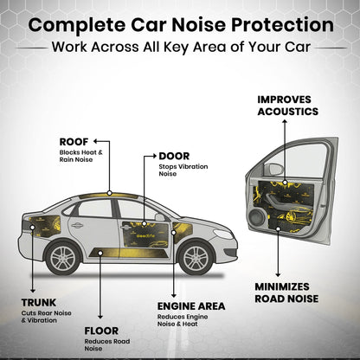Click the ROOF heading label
click(x=74, y=142)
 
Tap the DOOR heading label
click(x=174, y=156)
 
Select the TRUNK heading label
click(x=39, y=303)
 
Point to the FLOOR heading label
click(x=101, y=331)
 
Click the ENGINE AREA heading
click(x=191, y=306)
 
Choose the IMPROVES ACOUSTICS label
click(x=288, y=106)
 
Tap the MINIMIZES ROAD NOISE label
click(x=286, y=292)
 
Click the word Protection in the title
click(x=282, y=25)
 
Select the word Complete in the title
click(x=77, y=25)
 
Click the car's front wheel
click(x=196, y=258)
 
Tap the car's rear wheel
click(x=63, y=258)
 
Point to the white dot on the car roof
click(x=109, y=193)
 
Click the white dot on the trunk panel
click(x=33, y=228)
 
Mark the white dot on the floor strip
click(x=100, y=253)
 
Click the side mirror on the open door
click(x=273, y=170)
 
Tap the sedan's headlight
click(x=223, y=234)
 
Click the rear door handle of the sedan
click(x=77, y=225)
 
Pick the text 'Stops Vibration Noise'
click(x=183, y=170)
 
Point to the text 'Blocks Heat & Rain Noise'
click(x=81, y=156)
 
